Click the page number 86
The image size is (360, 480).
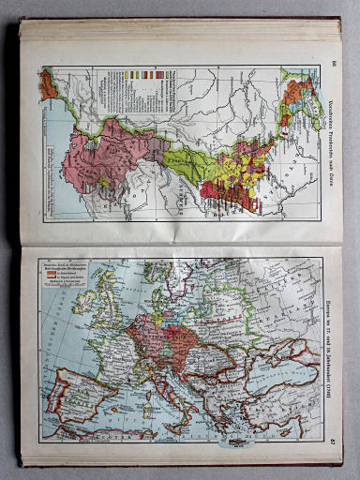333,64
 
